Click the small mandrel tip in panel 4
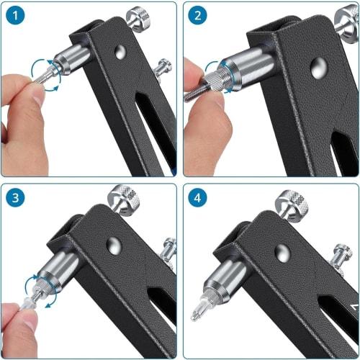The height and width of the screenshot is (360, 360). [x=197, y=314]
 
